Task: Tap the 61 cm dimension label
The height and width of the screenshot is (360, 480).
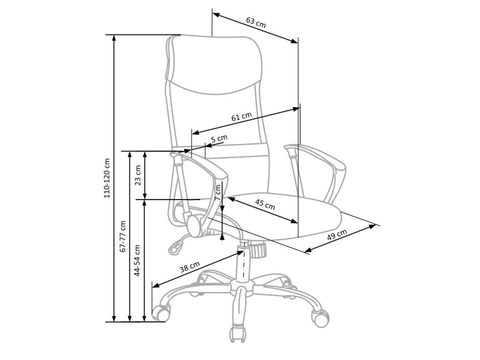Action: click(x=242, y=117)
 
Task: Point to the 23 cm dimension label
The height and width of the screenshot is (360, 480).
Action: click(x=138, y=175)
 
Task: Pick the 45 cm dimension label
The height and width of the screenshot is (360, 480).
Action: click(x=265, y=204)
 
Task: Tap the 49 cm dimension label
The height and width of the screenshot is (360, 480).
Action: click(x=337, y=234)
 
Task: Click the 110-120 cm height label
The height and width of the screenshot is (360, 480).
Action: click(x=107, y=177)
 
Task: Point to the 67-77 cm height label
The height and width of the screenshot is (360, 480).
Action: click(x=122, y=237)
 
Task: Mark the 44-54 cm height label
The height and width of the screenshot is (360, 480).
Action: click(x=137, y=260)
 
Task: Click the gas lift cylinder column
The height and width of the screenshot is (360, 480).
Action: click(x=244, y=264)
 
